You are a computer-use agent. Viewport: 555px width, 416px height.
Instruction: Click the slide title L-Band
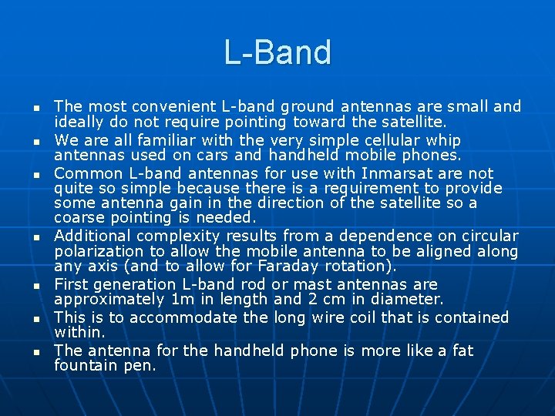point(277,52)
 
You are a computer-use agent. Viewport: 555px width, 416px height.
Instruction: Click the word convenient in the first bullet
point(155,106)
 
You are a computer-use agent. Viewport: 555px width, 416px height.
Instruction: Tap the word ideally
point(79,122)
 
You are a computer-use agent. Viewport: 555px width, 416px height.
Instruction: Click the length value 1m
point(186,300)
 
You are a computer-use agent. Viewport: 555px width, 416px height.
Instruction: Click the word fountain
point(86,366)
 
